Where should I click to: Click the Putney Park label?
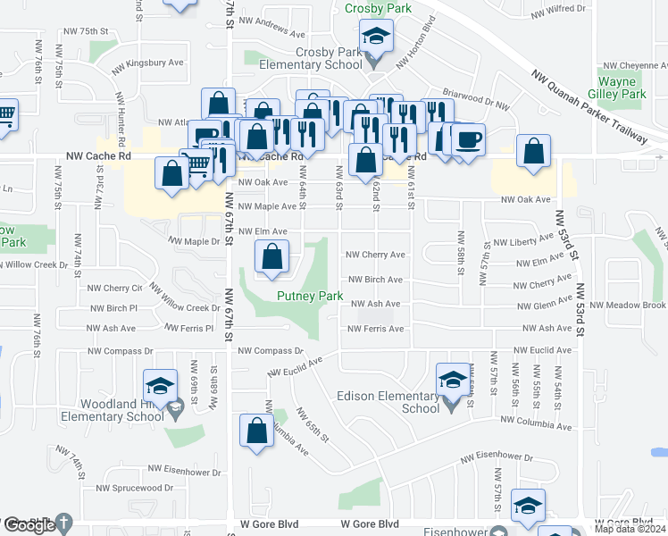[x=310, y=296]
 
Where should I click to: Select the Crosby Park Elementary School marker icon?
[x=376, y=38]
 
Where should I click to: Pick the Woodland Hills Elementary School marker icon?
[x=160, y=386]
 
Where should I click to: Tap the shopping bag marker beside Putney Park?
[x=272, y=258]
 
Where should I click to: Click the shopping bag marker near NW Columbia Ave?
[x=256, y=431]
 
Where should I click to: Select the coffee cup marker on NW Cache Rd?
[x=469, y=140]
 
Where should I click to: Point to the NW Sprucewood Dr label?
[x=136, y=488]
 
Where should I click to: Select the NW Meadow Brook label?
[x=629, y=306]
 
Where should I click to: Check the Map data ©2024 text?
[x=630, y=529]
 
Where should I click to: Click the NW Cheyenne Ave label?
[x=634, y=65]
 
